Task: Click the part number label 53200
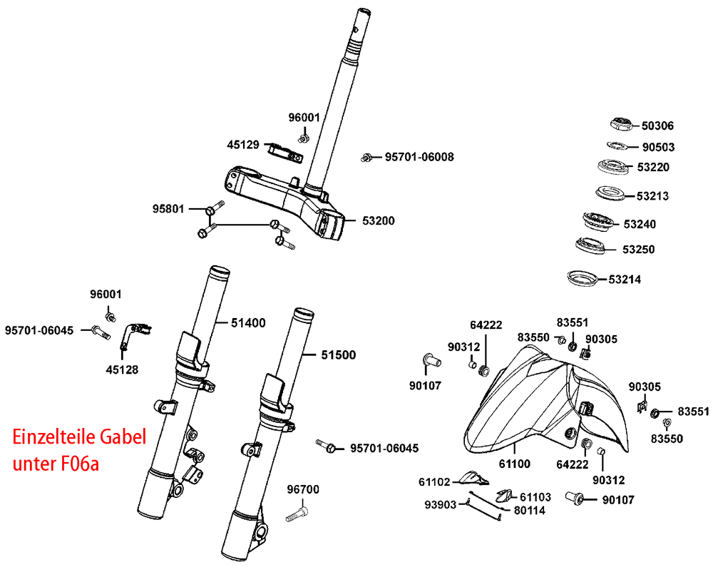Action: (378, 221)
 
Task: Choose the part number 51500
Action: (338, 354)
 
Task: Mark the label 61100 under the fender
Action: (513, 464)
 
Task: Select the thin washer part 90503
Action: (617, 147)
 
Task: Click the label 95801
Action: (168, 209)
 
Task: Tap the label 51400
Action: (248, 323)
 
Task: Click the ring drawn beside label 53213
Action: (610, 193)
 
